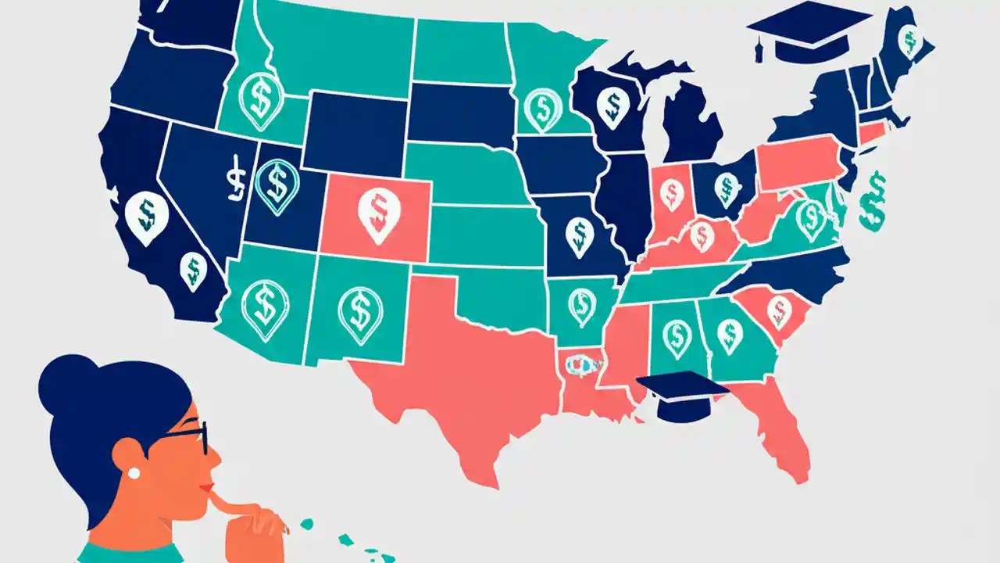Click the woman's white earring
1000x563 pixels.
(133, 473)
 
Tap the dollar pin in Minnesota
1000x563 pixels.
(543, 107)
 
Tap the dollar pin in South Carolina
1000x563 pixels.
(778, 310)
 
